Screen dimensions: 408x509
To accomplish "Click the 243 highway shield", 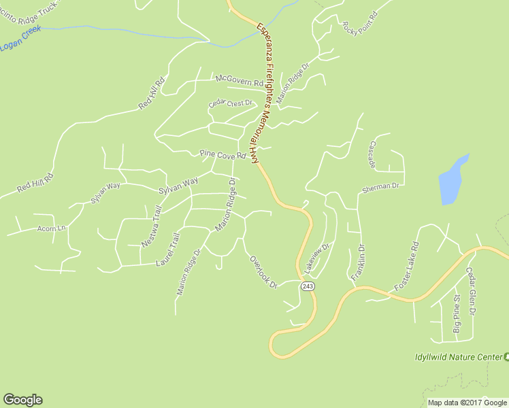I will coord(308,288).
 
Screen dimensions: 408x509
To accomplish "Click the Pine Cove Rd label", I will coord(222,155).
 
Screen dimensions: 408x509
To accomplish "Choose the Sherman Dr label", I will coord(384,185).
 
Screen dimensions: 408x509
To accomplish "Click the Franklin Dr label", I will coord(358,263).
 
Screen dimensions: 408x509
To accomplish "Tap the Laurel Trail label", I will coord(167,249).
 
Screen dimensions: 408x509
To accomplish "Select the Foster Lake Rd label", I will coord(406,267).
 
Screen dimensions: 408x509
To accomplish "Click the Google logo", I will coord(22,400).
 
